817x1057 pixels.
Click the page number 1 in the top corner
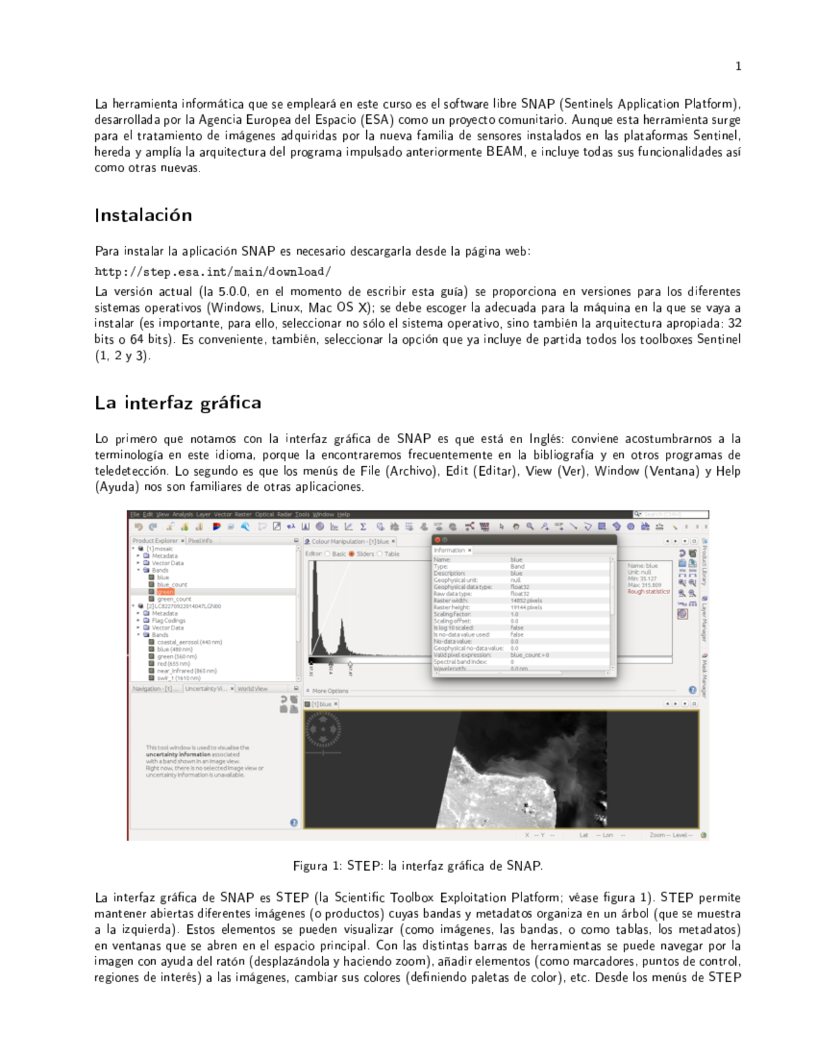738,66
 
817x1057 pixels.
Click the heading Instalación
143,216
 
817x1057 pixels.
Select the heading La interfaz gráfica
178,403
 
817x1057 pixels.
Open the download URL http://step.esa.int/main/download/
212,272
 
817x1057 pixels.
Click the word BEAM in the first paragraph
504,152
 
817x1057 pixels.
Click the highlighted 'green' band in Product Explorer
165,592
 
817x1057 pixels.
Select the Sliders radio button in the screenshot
352,554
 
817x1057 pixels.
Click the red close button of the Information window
438,540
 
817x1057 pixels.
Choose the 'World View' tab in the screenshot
252,689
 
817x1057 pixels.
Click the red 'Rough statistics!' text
648,592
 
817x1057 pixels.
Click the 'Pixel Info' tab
200,541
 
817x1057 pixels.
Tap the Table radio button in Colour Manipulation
380,554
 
